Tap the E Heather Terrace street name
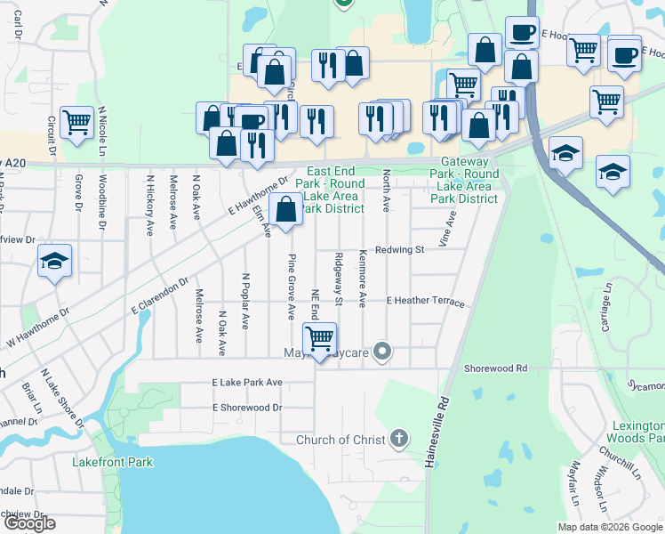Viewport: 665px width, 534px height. pyautogui.click(x=425, y=302)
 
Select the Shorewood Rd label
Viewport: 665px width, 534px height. pyautogui.click(x=495, y=368)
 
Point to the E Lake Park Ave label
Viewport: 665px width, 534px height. pyautogui.click(x=247, y=382)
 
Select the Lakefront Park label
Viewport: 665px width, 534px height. pyautogui.click(x=113, y=462)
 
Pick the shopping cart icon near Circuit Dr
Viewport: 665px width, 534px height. pyautogui.click(x=77, y=122)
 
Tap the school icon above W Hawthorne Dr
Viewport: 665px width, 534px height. pyautogui.click(x=55, y=261)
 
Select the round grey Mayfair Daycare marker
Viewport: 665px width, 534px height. pyautogui.click(x=382, y=352)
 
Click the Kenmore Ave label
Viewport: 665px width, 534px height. pyautogui.click(x=362, y=279)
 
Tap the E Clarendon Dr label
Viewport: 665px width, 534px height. pyautogui.click(x=160, y=295)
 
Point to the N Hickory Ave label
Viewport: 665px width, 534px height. pyautogui.click(x=148, y=205)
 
